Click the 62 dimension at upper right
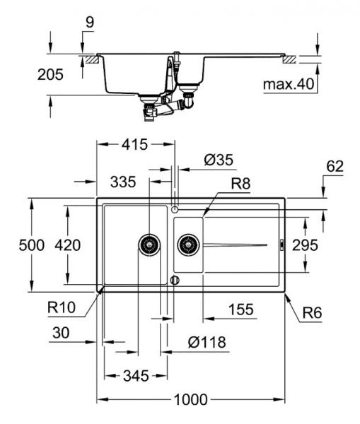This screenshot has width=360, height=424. coord(335,167)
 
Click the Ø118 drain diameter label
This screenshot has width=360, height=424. coord(207,343)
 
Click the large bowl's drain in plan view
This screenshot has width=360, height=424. coord(149,245)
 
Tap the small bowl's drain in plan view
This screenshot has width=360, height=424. coord(187,245)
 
